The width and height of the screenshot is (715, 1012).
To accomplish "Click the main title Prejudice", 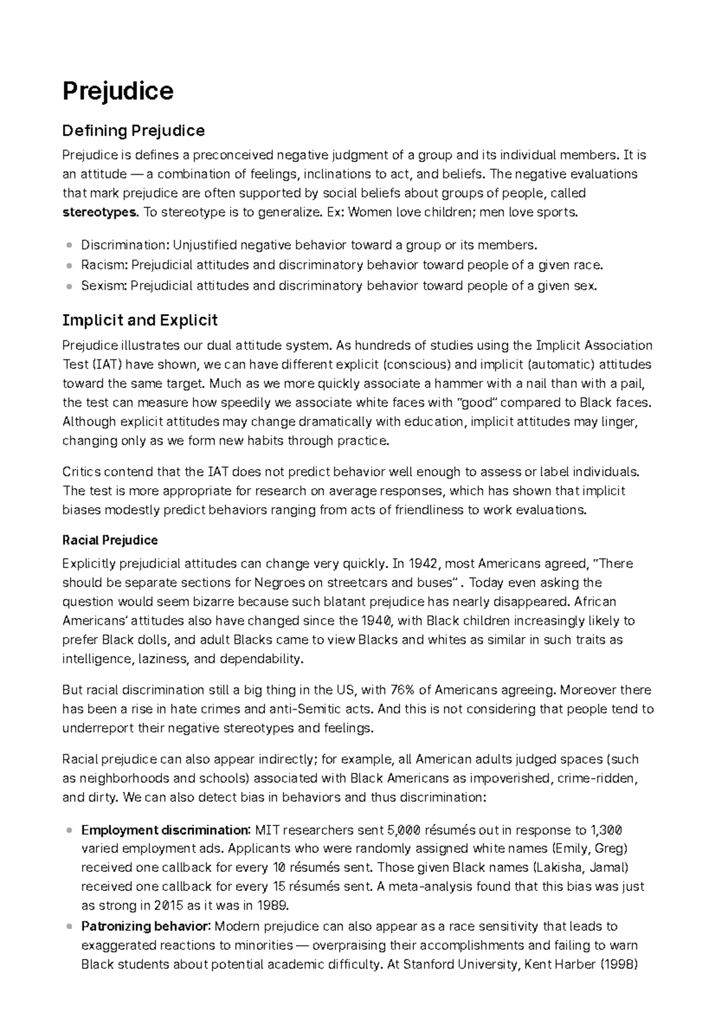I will point(118,91).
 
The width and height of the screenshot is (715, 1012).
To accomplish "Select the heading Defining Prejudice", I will point(133,131).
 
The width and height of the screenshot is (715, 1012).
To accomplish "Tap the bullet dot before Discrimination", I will point(69,245).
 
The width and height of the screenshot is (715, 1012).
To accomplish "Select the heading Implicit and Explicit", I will point(139,321).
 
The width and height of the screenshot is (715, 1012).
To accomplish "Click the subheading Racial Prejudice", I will point(110,540).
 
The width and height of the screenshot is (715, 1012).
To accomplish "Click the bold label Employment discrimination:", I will point(166,830).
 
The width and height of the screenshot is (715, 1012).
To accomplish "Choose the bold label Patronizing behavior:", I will point(145,926).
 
